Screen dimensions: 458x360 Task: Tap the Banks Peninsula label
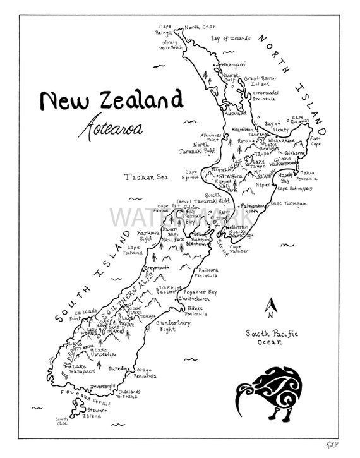pos(200,311)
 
